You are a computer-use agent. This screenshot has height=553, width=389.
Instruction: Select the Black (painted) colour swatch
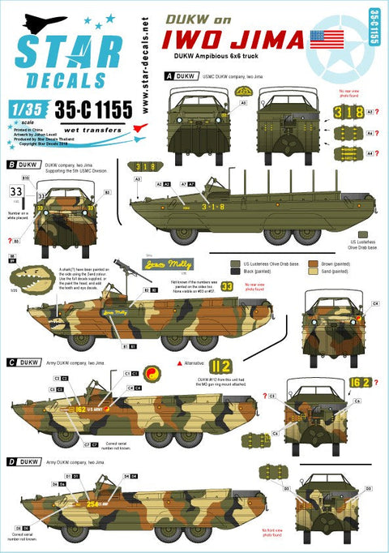point(237,274)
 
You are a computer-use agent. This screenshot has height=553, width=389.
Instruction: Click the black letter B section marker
point(10,165)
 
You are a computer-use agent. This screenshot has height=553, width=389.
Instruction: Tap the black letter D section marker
point(10,461)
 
